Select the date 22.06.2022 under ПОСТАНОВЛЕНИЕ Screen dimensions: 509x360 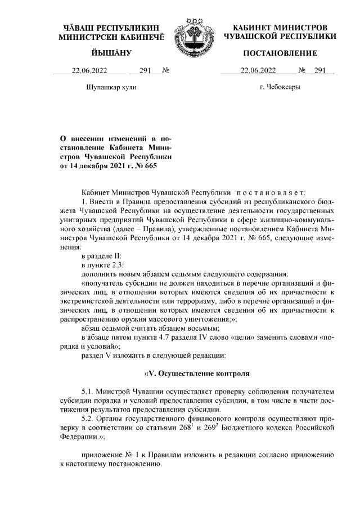coord(259,71)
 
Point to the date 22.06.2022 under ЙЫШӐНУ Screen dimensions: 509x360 coord(89,71)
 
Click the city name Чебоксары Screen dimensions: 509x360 coord(280,88)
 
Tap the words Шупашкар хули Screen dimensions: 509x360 coord(110,88)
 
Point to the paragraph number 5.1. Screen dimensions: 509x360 coord(87,391)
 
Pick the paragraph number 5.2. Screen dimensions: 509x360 coord(87,419)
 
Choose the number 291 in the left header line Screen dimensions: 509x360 coord(145,71)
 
